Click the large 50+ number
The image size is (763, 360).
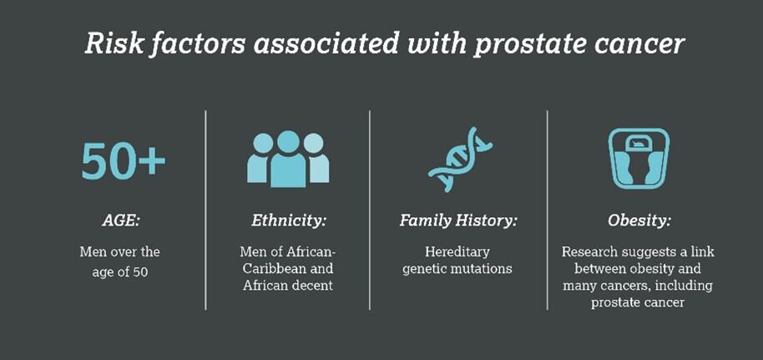coord(123,160)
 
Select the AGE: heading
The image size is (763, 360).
coord(121,221)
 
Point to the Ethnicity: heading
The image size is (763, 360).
coord(288,221)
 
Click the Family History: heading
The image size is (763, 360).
coord(458,221)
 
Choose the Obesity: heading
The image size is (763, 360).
coord(639,221)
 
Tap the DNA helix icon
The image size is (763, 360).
coord(460,160)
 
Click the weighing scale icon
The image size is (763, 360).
coord(639,159)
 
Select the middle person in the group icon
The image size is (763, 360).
coord(288,159)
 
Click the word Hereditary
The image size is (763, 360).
coord(457,252)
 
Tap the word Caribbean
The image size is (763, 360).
coord(275,268)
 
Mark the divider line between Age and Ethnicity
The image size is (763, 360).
coord(206,210)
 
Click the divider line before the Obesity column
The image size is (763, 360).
coord(548,210)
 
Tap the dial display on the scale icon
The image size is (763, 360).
coord(639,143)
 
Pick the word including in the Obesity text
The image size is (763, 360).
coord(686,286)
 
